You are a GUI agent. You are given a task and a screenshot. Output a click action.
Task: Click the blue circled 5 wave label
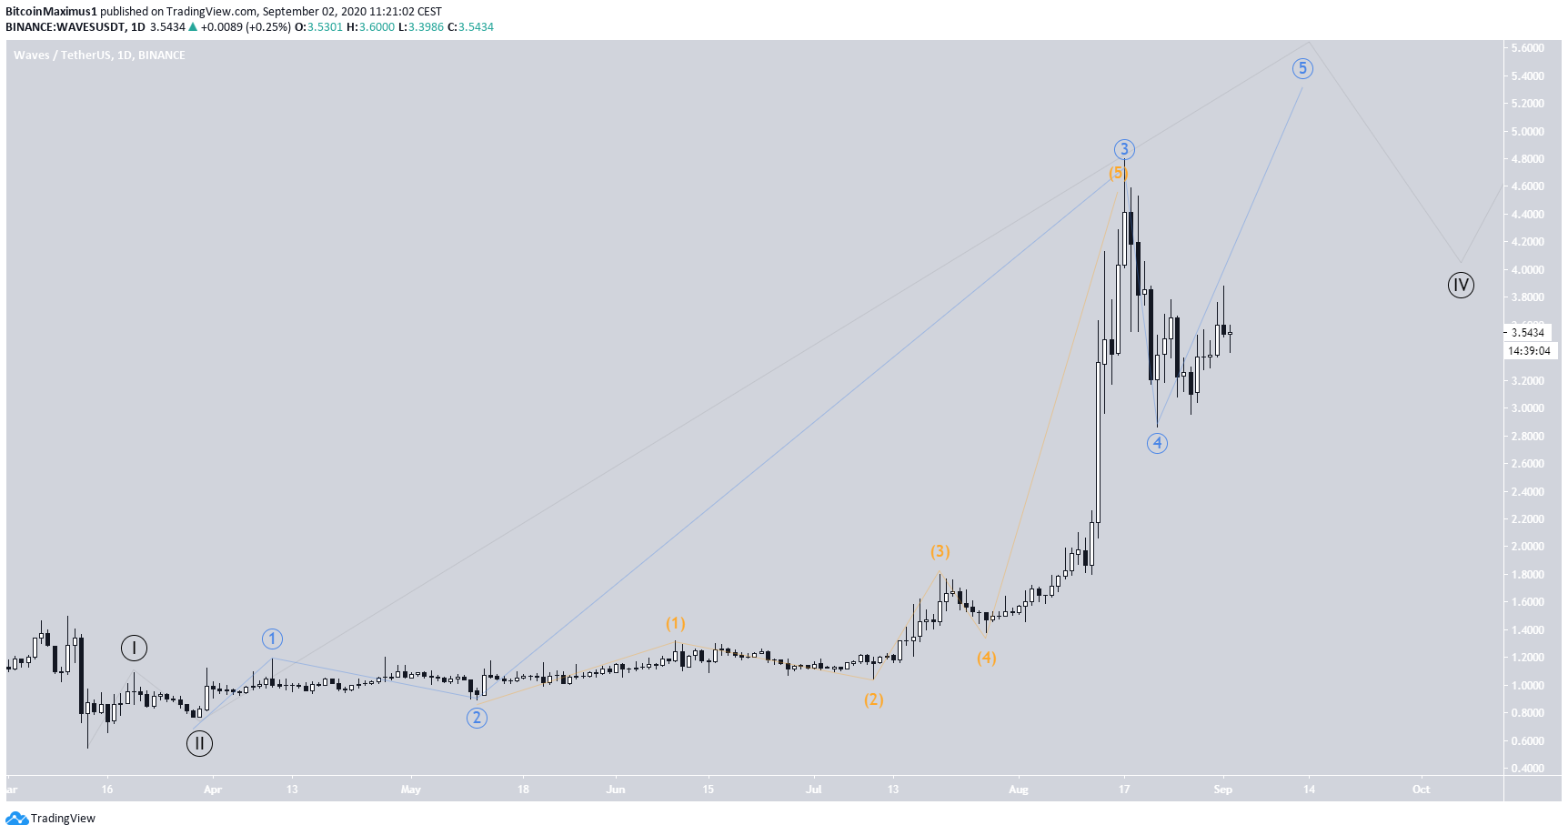coord(1302,68)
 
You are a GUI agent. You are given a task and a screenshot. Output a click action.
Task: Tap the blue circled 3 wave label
coord(1124,149)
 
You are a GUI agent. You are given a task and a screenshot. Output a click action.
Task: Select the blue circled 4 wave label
coord(1157,443)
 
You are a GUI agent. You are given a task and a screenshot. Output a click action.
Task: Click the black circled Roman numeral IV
coord(1461,286)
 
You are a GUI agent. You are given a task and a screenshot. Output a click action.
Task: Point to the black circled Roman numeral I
coord(134,649)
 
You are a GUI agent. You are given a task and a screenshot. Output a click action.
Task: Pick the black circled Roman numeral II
coord(199,744)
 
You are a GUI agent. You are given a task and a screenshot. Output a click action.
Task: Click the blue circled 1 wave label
coord(272,639)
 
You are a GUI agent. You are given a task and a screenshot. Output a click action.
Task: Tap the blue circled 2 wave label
coord(477,718)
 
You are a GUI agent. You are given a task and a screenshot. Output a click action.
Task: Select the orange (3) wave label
coord(940,551)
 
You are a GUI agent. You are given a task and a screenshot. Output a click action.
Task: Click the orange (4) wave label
coord(986,657)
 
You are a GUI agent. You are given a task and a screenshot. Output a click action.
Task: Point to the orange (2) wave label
coord(873,699)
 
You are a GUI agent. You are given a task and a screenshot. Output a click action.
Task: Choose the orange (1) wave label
coord(675,623)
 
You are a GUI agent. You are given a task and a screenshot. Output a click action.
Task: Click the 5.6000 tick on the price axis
coord(1528,48)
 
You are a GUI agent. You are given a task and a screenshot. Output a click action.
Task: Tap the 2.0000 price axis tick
coord(1528,547)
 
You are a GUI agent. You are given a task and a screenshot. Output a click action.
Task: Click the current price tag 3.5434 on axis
coord(1528,333)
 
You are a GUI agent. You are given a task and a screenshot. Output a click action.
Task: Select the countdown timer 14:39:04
coord(1529,351)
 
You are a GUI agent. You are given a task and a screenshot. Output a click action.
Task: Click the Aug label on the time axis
coord(1019,790)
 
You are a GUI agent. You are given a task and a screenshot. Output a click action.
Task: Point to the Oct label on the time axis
coord(1421,790)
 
